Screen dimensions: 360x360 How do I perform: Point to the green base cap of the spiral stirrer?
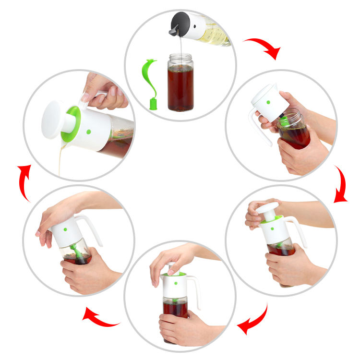click(x=153, y=104)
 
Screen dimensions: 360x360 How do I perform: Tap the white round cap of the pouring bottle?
click(x=54, y=120)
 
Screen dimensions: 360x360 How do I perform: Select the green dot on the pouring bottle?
click(x=88, y=132)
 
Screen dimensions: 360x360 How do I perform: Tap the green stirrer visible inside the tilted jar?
click(x=75, y=250)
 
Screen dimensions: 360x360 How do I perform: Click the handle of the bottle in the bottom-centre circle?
click(x=195, y=290)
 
